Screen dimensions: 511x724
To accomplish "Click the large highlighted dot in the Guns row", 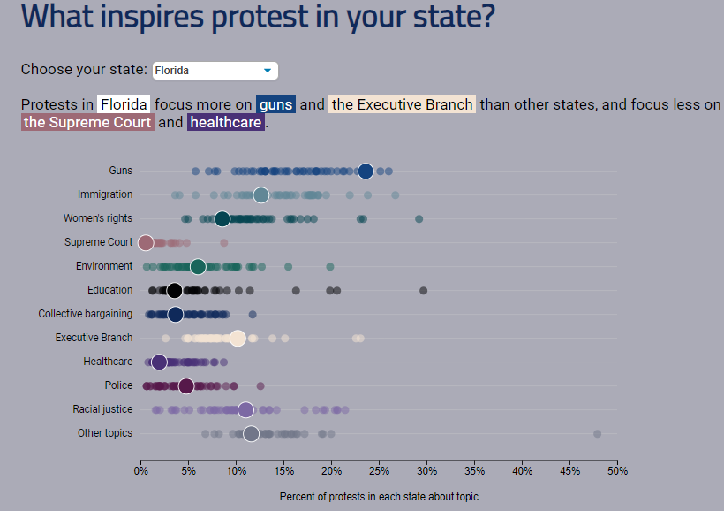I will [x=366, y=172].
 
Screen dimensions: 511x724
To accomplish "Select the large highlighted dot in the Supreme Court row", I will [x=147, y=242].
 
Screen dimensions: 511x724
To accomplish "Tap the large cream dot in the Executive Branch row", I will [x=238, y=338].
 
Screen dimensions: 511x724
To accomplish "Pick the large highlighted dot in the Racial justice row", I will [x=245, y=409].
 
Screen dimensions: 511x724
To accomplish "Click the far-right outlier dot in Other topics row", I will [x=597, y=434].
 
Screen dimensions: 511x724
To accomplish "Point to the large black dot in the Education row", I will [x=175, y=290].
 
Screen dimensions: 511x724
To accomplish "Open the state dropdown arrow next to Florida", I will [x=267, y=71].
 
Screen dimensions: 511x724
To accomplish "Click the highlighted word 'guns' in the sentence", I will [x=275, y=104].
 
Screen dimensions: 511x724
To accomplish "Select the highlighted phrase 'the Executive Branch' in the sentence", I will [x=402, y=104].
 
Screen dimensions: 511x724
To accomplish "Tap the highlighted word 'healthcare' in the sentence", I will [x=226, y=123].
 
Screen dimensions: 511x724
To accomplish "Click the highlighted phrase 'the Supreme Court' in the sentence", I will [x=87, y=123].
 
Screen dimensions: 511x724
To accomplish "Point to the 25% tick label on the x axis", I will [x=379, y=470].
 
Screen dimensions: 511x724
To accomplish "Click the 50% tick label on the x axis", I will [x=616, y=470].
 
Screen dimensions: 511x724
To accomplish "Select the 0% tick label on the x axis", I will [x=140, y=470].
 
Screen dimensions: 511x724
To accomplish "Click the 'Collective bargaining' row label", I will [x=86, y=314].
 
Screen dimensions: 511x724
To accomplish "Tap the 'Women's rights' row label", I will [x=98, y=218].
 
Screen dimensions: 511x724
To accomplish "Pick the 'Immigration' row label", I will [x=105, y=194].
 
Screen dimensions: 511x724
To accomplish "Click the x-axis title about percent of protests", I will [x=379, y=497].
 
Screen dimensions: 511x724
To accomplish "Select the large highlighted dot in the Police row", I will [x=185, y=385].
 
